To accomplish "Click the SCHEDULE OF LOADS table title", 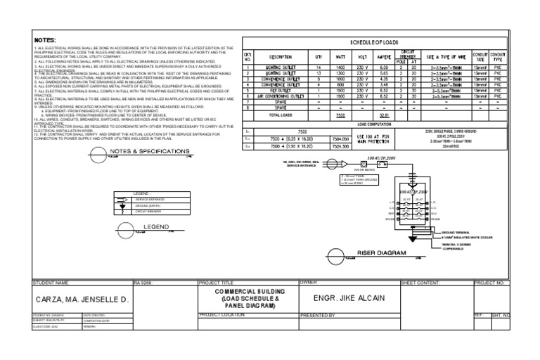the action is (x=373, y=43).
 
